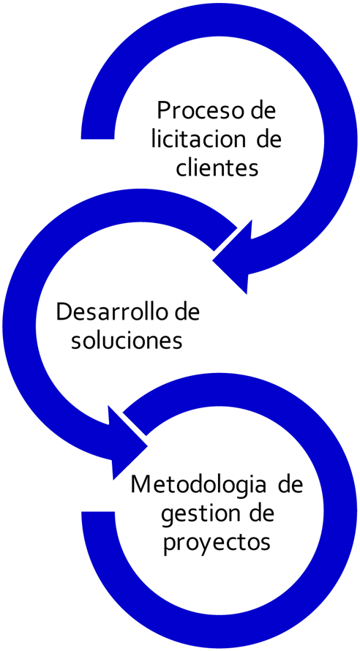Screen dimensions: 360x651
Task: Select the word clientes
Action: [217, 168]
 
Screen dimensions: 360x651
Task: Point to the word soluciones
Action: [127, 340]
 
